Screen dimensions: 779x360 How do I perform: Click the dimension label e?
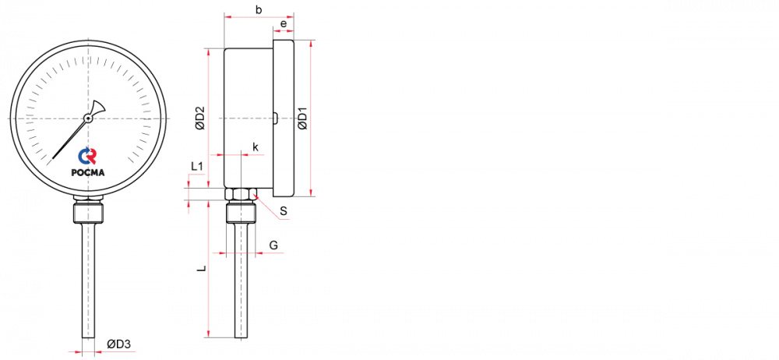point(284,23)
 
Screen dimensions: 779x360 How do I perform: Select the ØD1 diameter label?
point(302,118)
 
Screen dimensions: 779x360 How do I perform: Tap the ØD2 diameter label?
point(199,118)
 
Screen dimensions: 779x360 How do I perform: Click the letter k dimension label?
point(256,146)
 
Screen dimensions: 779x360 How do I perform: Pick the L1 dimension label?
point(197,167)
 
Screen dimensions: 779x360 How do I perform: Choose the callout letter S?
point(284,211)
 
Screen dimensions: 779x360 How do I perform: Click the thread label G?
point(273,245)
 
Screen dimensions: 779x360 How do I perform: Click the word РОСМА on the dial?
point(88,172)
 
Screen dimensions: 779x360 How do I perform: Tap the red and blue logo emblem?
point(87,156)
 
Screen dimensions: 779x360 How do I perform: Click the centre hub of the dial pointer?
point(88,118)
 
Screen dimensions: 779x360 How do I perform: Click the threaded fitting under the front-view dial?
point(89,212)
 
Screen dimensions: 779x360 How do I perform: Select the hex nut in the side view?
point(241,194)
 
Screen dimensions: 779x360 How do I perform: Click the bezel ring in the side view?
point(284,118)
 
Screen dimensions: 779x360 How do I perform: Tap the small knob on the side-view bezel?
point(275,118)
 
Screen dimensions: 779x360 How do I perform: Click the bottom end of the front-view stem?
point(89,337)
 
